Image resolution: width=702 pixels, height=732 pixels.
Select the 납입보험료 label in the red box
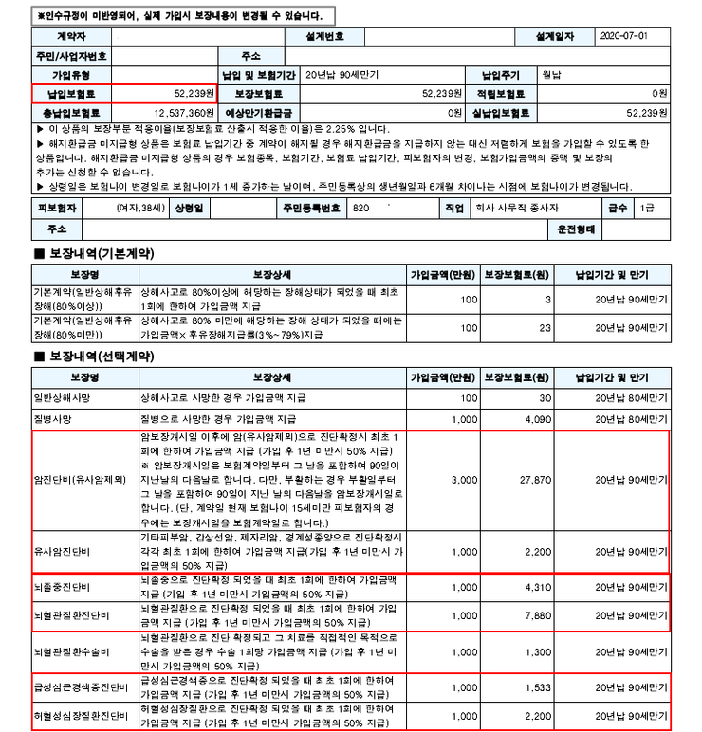(x=71, y=94)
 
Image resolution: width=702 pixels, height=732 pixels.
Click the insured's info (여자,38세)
(x=138, y=207)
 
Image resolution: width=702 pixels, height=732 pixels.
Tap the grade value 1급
(x=646, y=207)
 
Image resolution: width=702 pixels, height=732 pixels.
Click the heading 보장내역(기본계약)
(x=94, y=254)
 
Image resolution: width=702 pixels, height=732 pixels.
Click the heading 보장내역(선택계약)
(x=94, y=356)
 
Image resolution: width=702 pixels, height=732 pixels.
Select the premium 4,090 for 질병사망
(x=537, y=418)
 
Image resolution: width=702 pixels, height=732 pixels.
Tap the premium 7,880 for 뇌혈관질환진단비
(x=537, y=615)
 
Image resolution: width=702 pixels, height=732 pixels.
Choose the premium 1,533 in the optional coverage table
(x=537, y=686)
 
